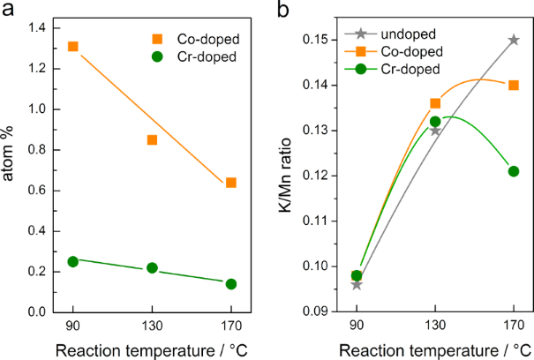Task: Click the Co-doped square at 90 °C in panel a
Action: click(x=73, y=47)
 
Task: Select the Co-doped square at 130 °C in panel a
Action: click(x=152, y=139)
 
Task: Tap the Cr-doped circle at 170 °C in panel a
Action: click(x=231, y=284)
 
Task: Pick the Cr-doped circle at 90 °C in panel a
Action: click(x=73, y=261)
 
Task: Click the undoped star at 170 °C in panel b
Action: click(x=514, y=40)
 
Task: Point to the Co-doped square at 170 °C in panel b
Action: click(x=514, y=85)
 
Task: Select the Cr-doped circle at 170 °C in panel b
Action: click(x=514, y=171)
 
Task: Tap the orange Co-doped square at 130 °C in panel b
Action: click(x=435, y=103)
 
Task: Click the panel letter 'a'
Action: click(x=9, y=11)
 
